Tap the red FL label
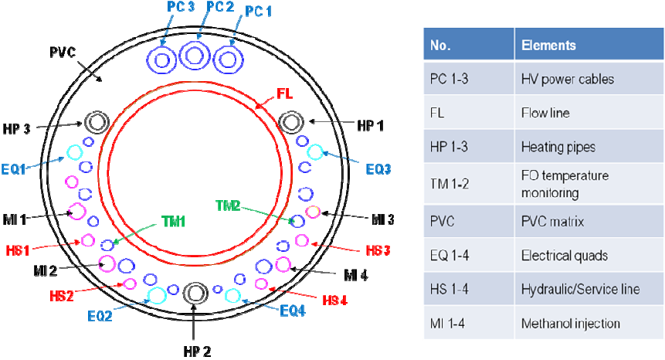click(x=285, y=97)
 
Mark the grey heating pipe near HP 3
click(x=97, y=122)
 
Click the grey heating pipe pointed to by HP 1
click(x=291, y=122)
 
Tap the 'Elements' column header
click(x=548, y=46)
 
